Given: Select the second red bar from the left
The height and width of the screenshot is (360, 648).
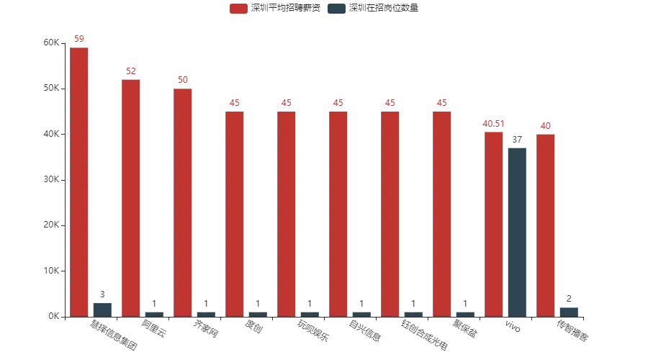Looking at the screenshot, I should click(131, 197).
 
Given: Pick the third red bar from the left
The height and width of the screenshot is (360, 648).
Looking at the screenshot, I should click(183, 202).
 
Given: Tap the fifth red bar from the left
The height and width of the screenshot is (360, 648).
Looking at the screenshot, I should click(287, 213).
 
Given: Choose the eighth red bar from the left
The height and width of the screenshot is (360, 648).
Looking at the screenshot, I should click(442, 213).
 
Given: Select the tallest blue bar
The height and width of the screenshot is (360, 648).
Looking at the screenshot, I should click(518, 230).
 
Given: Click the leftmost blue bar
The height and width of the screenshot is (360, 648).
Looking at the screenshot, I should click(103, 308).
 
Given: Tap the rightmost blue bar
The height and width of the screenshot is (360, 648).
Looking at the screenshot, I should click(570, 311).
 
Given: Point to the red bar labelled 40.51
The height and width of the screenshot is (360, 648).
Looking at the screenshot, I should click(494, 223).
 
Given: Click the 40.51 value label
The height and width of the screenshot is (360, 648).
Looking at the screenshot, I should click(494, 125).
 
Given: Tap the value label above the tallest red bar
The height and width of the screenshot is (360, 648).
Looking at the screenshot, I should click(79, 39).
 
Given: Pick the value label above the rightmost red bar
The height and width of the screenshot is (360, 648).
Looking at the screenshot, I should click(546, 127).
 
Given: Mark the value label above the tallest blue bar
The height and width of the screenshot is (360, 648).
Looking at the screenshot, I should click(518, 137).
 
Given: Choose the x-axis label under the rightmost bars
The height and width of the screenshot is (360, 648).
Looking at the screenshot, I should click(572, 331).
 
